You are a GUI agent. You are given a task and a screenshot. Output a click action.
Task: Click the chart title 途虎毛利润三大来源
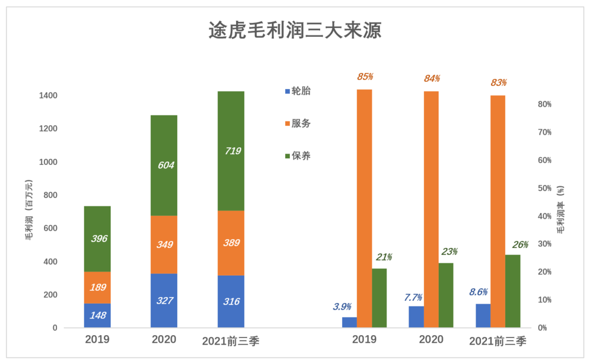tap(295, 30)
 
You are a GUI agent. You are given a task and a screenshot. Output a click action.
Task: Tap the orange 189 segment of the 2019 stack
tap(97, 288)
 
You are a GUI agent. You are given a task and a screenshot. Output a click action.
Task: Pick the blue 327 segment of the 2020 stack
tap(164, 301)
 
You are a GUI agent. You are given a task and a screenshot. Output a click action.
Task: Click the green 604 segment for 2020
tap(164, 165)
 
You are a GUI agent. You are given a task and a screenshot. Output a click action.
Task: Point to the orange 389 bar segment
tap(231, 243)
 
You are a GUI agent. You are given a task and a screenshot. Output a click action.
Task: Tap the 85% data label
tap(365, 77)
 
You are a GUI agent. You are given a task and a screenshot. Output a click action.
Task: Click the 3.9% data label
tap(342, 307)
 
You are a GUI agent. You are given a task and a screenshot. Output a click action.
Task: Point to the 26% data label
tap(520, 245)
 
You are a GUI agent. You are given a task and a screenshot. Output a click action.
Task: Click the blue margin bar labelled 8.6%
tap(483, 316)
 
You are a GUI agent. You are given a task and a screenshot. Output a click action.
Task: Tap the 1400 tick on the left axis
tap(49, 95)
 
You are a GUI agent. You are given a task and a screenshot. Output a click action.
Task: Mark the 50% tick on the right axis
tap(544, 188)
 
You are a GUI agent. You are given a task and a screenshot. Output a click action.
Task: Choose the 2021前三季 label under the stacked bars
tap(231, 341)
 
